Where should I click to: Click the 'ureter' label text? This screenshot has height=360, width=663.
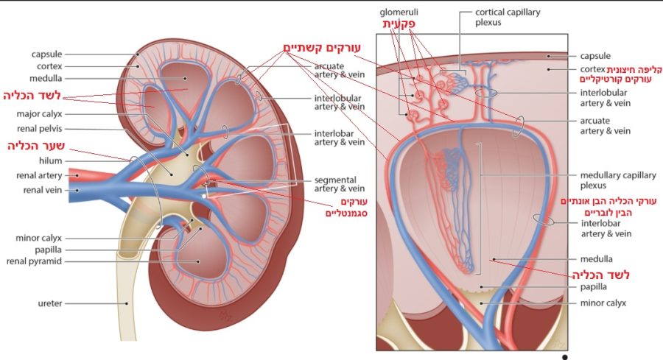(x=48, y=303)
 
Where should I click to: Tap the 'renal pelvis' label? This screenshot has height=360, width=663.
(x=41, y=129)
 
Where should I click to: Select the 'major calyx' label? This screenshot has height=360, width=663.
(x=40, y=114)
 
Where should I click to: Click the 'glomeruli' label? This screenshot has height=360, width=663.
(x=398, y=13)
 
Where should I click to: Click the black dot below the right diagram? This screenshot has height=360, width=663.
(x=564, y=356)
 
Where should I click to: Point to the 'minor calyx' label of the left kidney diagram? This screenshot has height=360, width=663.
(x=39, y=238)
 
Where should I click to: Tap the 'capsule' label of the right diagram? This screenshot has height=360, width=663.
(x=594, y=55)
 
